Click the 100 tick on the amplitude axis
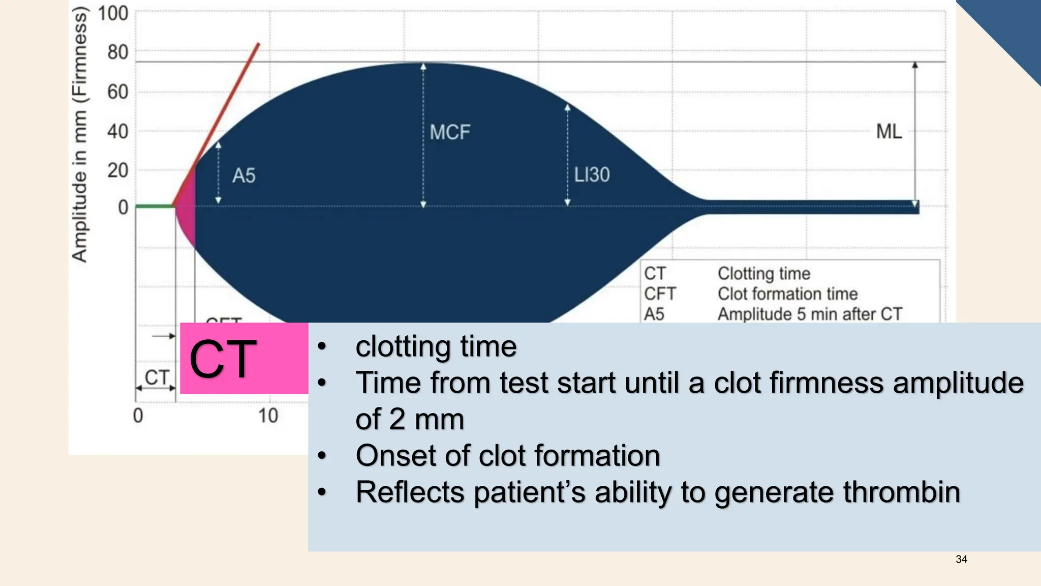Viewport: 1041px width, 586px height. [113, 13]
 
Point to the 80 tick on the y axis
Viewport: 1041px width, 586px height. [117, 52]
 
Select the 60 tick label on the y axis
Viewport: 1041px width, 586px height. [117, 92]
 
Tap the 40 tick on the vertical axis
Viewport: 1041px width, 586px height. [117, 132]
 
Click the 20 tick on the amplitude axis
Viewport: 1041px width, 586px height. [117, 170]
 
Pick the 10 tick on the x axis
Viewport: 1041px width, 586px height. [268, 416]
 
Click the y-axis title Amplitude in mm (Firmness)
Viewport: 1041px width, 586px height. [80, 135]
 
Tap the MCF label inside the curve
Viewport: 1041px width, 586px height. [450, 132]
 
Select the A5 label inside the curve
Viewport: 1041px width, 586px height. [243, 176]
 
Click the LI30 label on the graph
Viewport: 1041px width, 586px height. [592, 175]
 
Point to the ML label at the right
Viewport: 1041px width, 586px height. [889, 132]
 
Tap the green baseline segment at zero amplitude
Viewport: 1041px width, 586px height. [155, 206]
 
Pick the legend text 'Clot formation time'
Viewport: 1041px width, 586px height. [787, 294]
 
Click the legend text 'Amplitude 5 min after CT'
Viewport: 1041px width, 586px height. [810, 314]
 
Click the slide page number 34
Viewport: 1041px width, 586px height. [961, 560]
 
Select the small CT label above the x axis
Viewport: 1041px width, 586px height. [157, 378]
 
